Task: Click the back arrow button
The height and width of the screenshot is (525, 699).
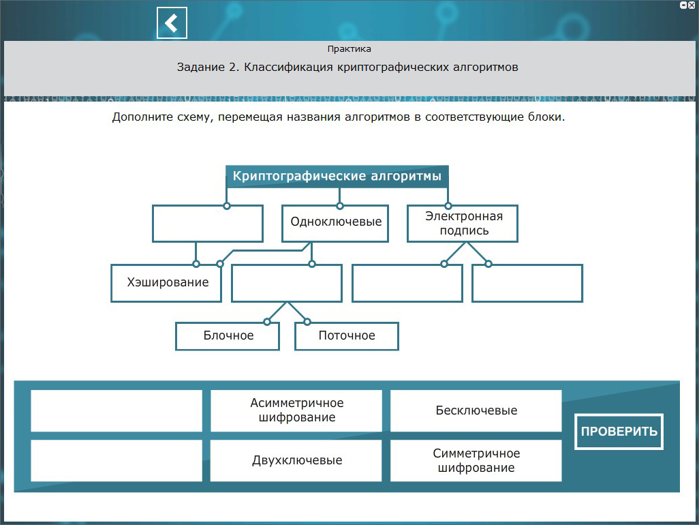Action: click(x=172, y=23)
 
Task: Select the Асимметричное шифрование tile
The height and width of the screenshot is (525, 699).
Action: click(x=296, y=410)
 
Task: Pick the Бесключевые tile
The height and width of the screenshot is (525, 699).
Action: click(x=476, y=410)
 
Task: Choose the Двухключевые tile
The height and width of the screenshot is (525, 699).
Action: click(x=296, y=460)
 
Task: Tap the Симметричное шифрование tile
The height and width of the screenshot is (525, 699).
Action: click(x=476, y=460)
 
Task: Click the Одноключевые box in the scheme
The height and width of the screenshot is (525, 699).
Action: click(x=335, y=223)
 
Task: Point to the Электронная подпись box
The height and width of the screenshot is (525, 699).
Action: click(x=463, y=223)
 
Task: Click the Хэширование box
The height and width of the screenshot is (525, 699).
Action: click(x=167, y=282)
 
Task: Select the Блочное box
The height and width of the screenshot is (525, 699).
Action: click(x=228, y=335)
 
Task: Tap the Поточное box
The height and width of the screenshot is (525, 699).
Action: click(x=346, y=335)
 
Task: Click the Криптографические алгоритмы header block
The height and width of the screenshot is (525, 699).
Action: click(x=337, y=176)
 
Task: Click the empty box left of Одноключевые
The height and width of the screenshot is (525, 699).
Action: click(x=208, y=223)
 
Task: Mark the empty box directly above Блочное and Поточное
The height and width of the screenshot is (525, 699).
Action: click(x=287, y=282)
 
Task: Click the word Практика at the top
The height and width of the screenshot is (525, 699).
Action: click(x=349, y=49)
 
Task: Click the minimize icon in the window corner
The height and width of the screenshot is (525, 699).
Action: click(x=683, y=5)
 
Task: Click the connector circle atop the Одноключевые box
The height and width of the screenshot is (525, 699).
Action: click(x=339, y=205)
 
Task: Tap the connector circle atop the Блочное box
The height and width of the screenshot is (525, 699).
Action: click(x=266, y=322)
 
